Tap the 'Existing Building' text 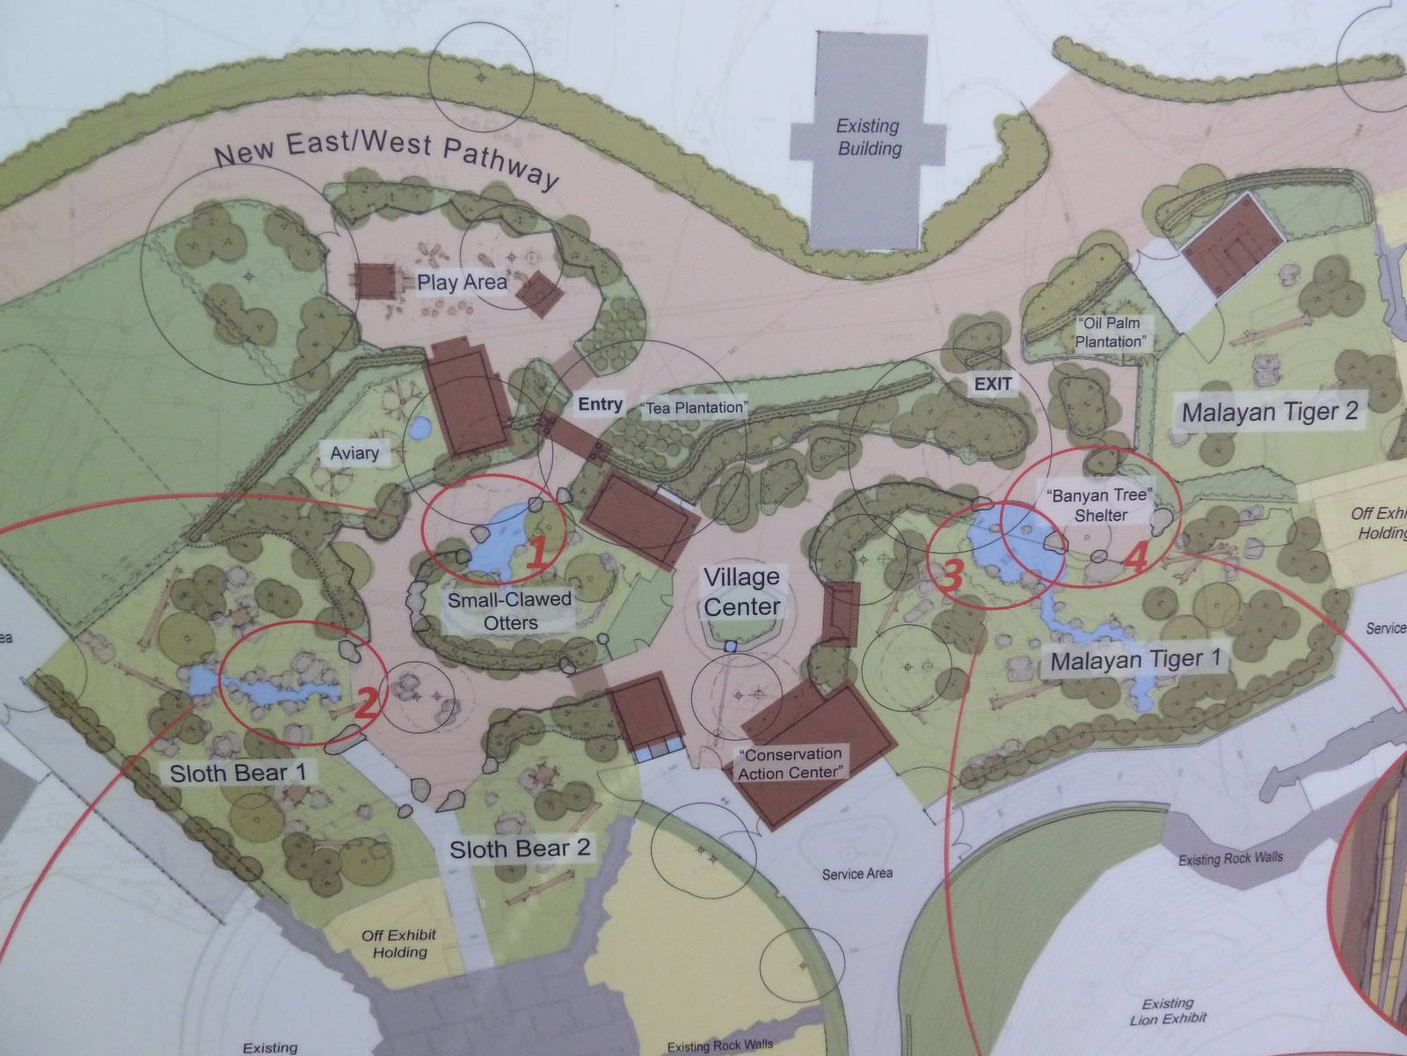click(869, 137)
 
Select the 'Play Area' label click(462, 282)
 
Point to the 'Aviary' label click(354, 454)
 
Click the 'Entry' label click(600, 404)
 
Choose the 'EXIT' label click(993, 384)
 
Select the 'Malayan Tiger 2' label click(1269, 411)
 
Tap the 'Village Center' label click(741, 592)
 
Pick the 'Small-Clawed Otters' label click(510, 611)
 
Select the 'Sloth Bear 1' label click(237, 773)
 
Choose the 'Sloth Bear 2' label click(520, 849)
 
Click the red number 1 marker click(537, 552)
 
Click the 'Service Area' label click(857, 874)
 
